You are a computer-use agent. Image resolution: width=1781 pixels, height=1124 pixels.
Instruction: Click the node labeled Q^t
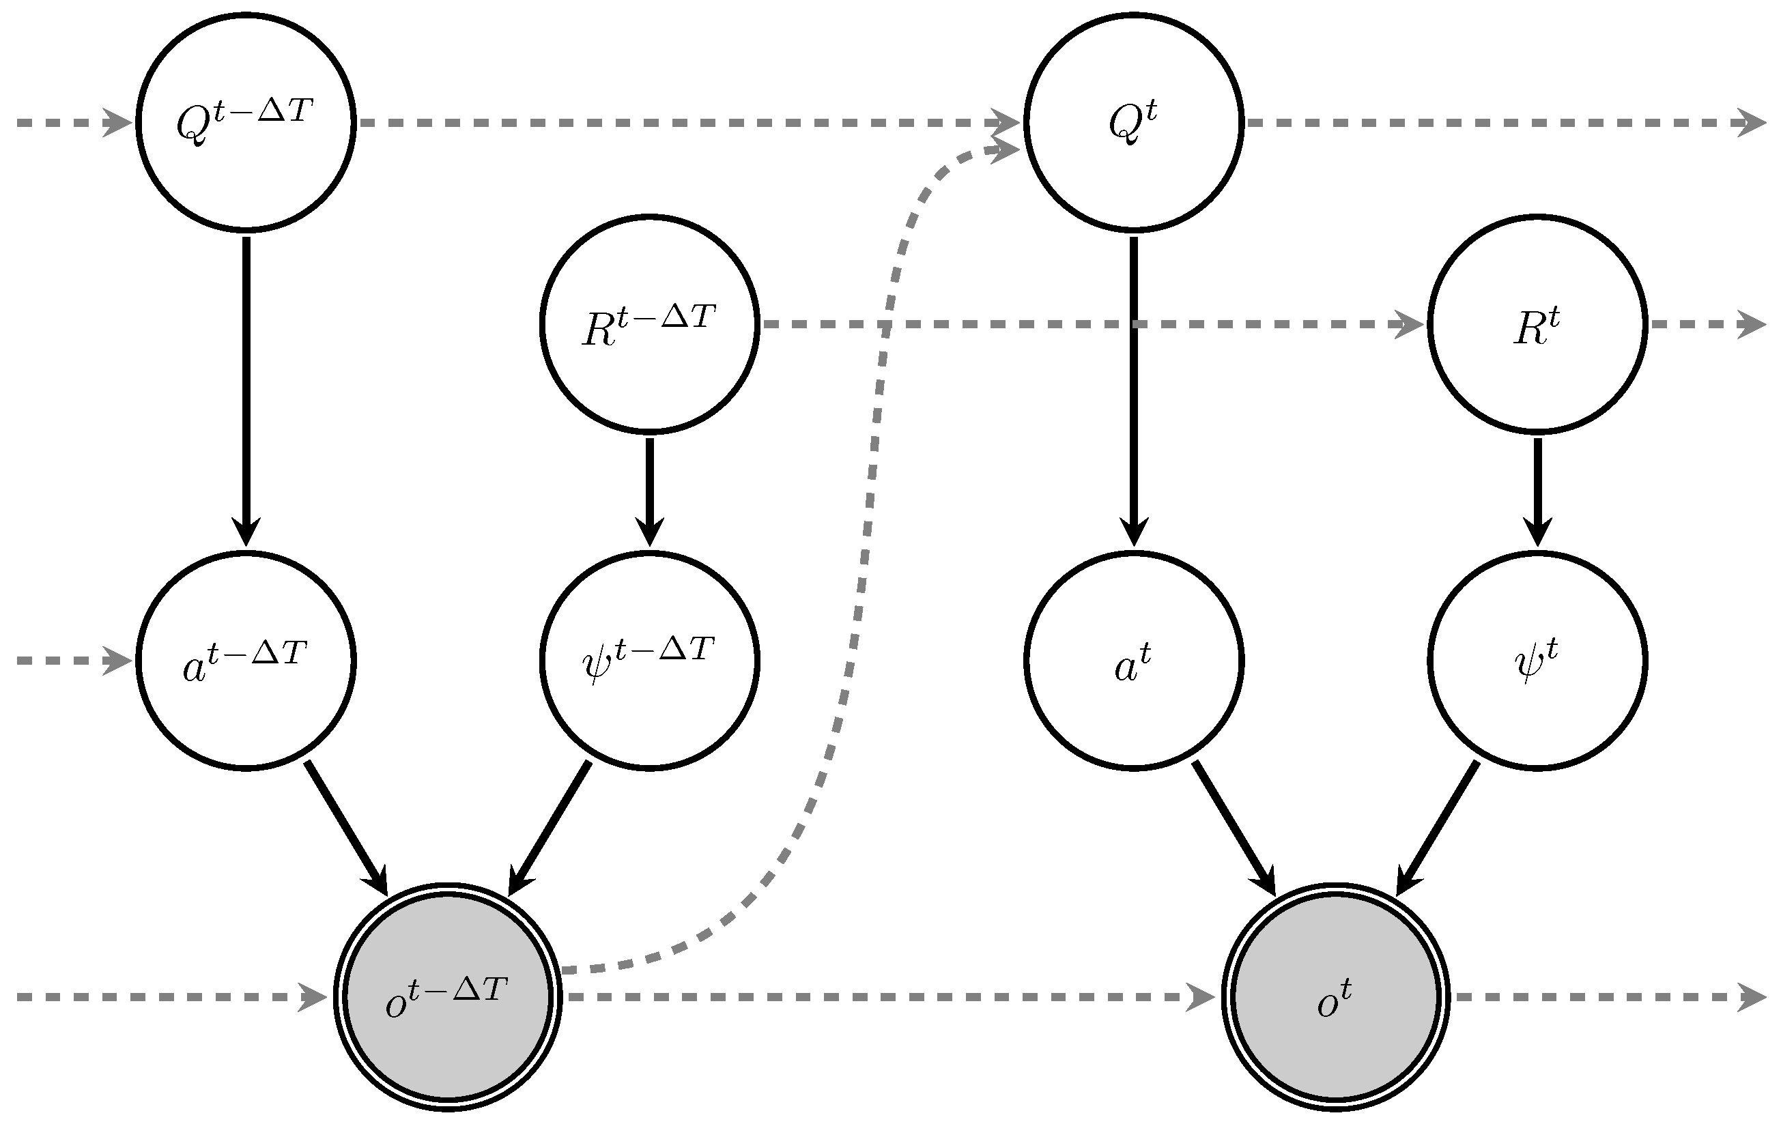[1133, 122]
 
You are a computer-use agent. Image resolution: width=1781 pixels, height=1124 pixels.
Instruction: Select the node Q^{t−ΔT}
[246, 122]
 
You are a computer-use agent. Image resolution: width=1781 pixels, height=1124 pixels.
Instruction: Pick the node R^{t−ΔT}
[649, 324]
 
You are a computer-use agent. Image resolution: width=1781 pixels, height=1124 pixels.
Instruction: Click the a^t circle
[1133, 661]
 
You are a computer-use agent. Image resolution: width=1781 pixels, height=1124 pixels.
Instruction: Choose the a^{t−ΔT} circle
[246, 661]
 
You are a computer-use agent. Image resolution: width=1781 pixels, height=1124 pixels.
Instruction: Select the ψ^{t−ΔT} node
[649, 661]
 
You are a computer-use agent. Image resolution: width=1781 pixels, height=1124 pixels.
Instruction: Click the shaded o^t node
[1336, 997]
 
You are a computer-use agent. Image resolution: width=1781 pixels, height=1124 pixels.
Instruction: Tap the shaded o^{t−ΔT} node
[448, 997]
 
